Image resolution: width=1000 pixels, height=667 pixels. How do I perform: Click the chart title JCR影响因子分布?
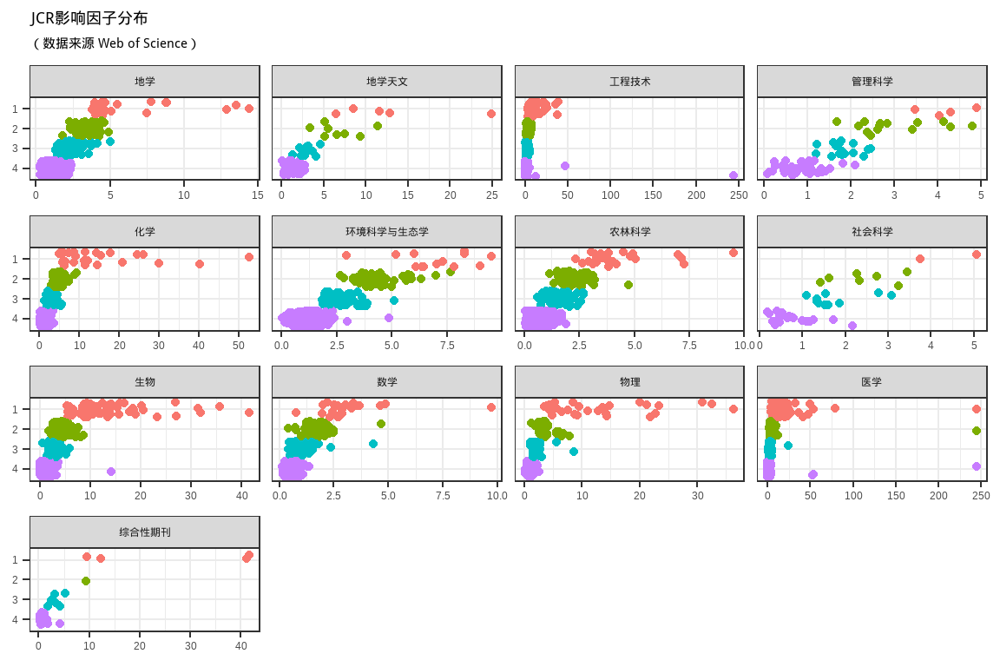89,18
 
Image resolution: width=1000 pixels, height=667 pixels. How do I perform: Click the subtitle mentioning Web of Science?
114,43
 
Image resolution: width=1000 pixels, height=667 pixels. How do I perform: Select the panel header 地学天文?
386,82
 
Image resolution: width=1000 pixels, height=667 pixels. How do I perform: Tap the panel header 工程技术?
629,82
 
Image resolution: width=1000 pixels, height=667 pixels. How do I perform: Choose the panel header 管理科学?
872,82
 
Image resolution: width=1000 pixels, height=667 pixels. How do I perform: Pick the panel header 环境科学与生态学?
386,232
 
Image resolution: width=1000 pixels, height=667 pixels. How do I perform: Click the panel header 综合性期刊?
145,532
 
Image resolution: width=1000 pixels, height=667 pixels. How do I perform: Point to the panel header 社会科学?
872,232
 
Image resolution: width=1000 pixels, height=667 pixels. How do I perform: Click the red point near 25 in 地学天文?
491,114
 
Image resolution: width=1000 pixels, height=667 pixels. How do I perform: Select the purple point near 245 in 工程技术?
734,175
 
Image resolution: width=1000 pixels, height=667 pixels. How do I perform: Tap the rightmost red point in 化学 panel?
249,257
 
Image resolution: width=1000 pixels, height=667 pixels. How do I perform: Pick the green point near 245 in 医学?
977,431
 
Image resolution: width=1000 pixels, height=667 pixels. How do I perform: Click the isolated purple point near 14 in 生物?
111,472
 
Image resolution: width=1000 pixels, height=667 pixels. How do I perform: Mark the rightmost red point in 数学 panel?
491,407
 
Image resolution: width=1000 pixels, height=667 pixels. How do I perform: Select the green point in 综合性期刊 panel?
86,581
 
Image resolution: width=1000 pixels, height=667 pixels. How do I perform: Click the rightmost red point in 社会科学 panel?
977,254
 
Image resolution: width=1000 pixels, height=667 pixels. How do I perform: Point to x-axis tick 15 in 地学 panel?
257,196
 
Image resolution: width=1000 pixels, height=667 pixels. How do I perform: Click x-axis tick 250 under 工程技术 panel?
738,196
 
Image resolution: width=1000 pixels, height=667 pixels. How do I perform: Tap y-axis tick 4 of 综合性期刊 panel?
16,620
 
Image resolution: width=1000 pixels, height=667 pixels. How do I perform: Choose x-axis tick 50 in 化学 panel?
239,347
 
